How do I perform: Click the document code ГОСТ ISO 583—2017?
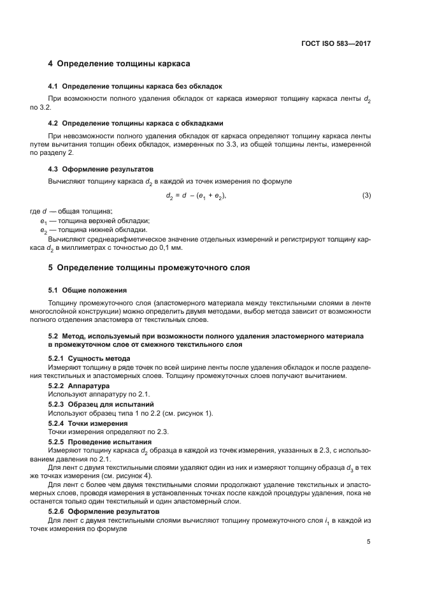click(336, 44)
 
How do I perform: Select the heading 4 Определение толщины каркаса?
click(120, 64)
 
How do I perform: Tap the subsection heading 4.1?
click(135, 86)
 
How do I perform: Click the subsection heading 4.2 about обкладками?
click(136, 122)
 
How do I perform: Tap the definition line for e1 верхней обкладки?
click(86, 221)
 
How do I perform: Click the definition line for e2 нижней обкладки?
click(85, 229)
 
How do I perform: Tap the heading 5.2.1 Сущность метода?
click(89, 358)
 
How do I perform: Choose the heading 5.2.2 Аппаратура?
click(79, 386)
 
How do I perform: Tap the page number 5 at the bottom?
click(369, 542)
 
